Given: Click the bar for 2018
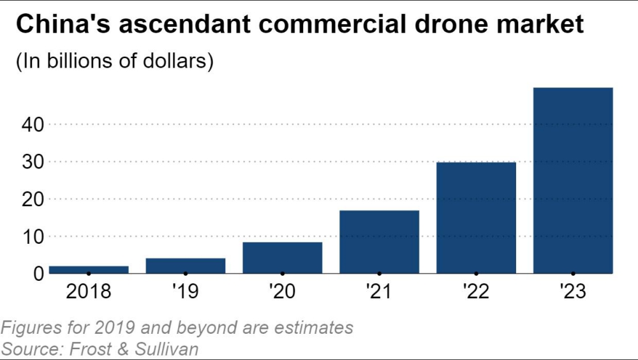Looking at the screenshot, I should point(89,269).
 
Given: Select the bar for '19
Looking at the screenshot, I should point(185,266).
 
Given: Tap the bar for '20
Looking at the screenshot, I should point(282,258).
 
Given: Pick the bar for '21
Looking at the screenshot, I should point(379,242).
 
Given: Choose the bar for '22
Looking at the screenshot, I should point(476,218).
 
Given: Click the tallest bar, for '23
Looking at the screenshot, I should point(573,181).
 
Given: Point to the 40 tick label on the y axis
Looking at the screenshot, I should point(30,124).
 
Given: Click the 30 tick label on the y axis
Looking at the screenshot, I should point(30,162).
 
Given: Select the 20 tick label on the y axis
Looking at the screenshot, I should point(30,199).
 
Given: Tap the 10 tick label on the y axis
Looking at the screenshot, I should point(30,237).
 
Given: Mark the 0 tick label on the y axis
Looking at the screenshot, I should point(37,274).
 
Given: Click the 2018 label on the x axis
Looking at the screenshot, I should point(89,292).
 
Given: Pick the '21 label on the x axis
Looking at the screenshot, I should point(379,292).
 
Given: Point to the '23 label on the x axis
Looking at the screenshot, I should point(573,292).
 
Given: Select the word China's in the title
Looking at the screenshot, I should point(61,25).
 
